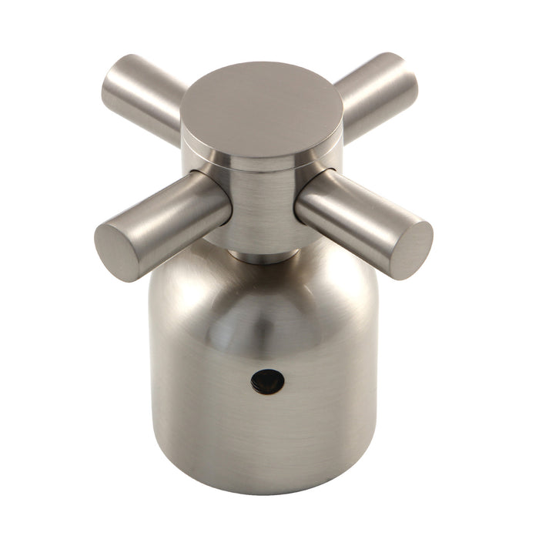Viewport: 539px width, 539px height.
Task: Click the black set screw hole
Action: point(266,380)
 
